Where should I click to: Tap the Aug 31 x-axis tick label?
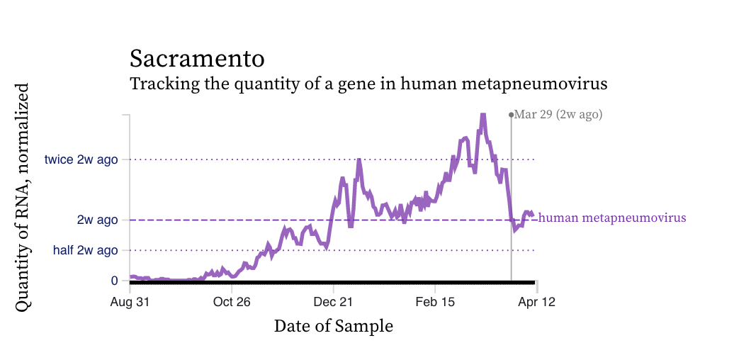[130, 301]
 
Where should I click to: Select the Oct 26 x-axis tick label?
[232, 301]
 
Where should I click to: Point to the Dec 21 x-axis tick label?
[333, 301]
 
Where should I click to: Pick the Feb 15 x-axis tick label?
[435, 301]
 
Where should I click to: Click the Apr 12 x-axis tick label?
[536, 301]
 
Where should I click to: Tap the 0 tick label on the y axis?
[114, 281]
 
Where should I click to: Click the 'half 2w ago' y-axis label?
[86, 250]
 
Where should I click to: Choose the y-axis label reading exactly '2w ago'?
[98, 220]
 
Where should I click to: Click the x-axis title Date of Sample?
[333, 326]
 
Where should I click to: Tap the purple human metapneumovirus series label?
[612, 218]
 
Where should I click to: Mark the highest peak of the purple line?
[482, 115]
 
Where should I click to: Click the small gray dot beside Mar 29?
[511, 114]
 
